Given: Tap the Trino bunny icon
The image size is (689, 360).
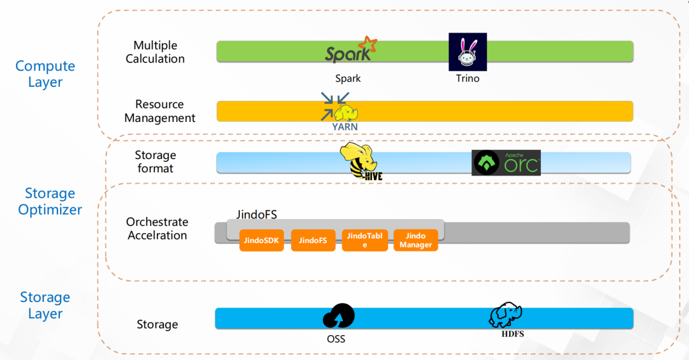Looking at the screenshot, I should coord(468,52).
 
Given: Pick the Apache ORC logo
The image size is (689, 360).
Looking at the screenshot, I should coord(506,163).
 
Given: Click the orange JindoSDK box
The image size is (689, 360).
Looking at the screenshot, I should coord(262,241).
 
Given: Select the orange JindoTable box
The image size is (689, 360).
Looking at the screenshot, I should coord(365,240).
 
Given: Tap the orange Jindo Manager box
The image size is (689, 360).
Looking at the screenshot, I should coord(416,240).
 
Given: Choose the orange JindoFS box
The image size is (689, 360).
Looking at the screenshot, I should coord(313,241).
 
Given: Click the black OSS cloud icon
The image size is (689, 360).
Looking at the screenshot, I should coord(338,316).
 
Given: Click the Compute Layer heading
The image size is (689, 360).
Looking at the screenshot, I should coord(45,74).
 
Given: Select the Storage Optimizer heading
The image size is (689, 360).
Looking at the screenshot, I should coord(50,201).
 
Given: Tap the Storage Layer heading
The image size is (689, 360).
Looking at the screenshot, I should coord(45,305).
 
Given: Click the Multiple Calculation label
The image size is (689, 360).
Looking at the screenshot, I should coord(155,52).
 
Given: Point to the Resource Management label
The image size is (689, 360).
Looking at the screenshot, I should coord(159,111).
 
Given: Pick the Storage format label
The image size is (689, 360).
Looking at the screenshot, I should coord(155,161).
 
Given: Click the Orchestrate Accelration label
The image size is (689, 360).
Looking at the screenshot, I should coord(157,229).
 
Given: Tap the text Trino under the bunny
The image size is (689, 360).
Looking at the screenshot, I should coord(468,79).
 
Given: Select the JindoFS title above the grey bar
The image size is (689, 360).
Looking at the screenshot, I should coord(257,214).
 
